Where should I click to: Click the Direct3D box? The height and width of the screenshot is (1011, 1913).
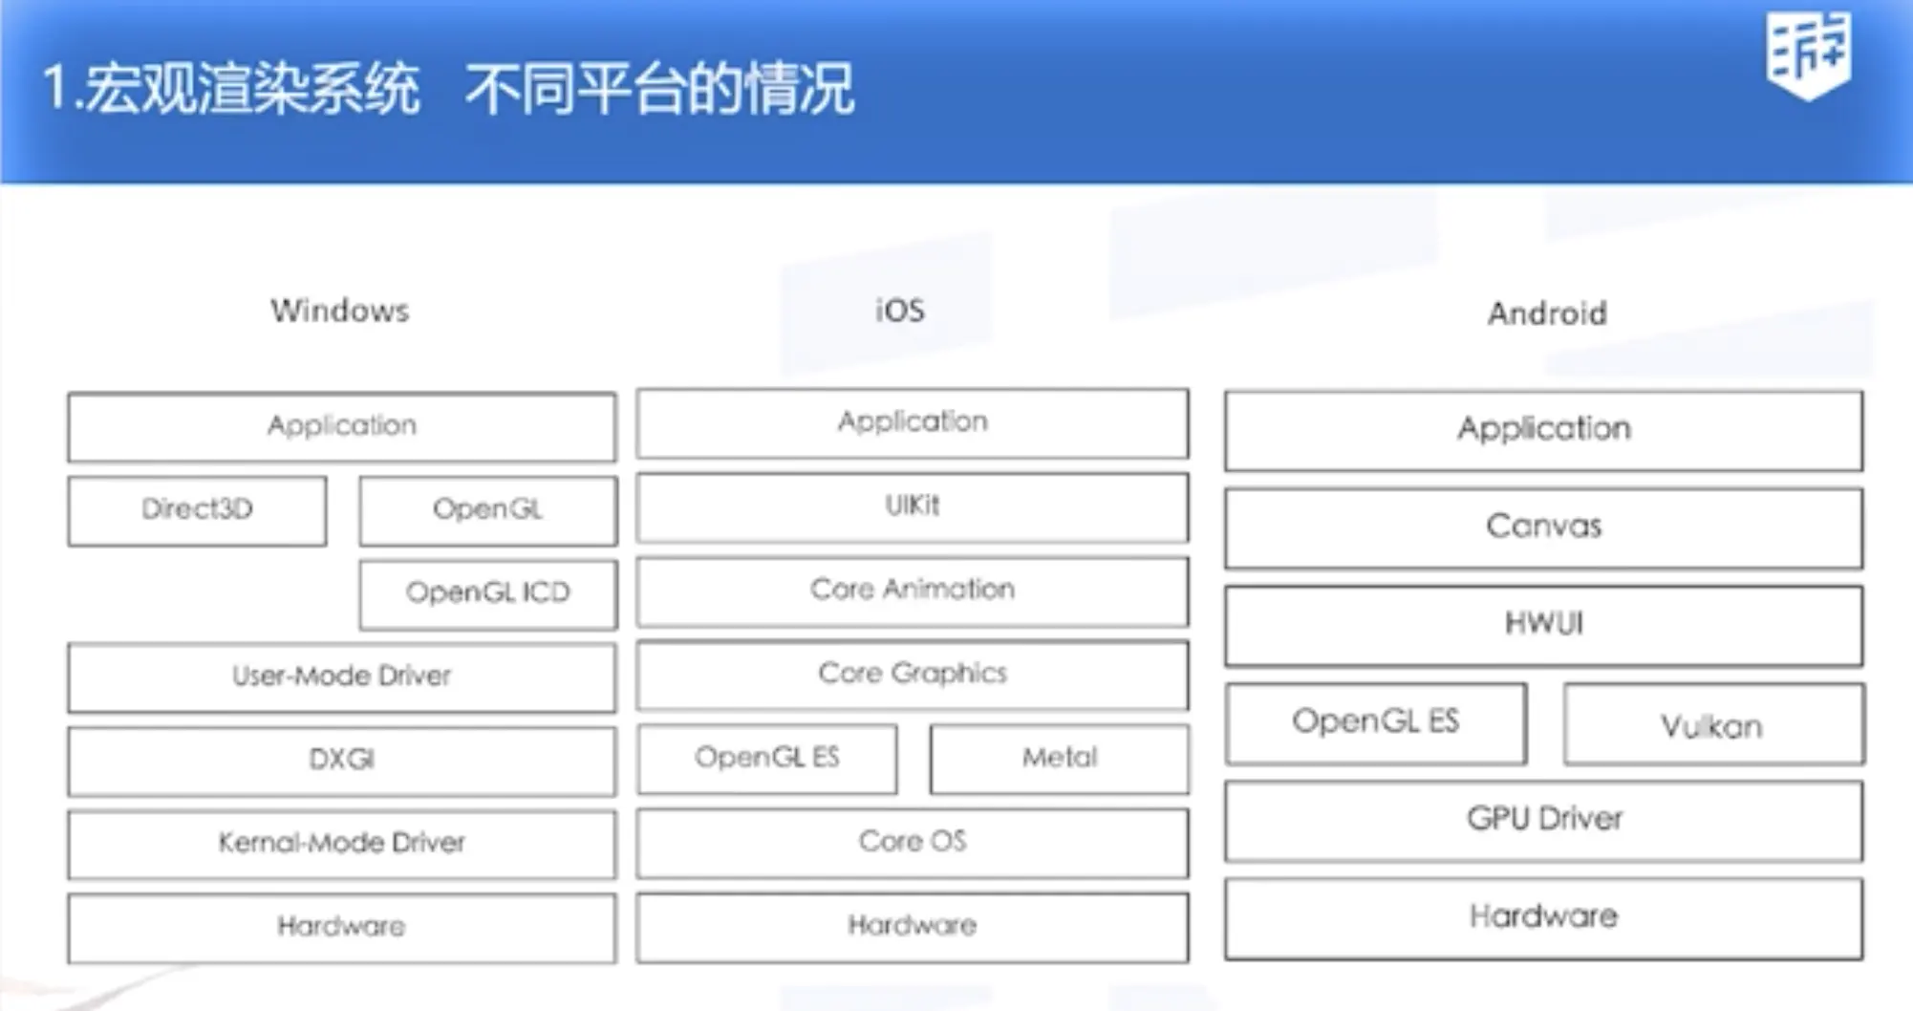pyautogui.click(x=197, y=510)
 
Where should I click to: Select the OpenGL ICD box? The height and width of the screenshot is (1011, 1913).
pyautogui.click(x=488, y=593)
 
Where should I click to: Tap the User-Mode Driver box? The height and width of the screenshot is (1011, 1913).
pyautogui.click(x=341, y=677)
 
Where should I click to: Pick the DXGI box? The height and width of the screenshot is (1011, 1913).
pyautogui.click(x=341, y=761)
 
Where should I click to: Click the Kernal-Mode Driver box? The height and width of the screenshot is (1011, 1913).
pyautogui.click(x=341, y=844)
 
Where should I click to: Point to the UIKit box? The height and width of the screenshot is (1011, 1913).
pyautogui.click(x=913, y=506)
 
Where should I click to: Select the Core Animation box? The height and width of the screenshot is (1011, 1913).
pyautogui.click(x=913, y=591)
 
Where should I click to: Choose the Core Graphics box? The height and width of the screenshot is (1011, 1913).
pyautogui.click(x=913, y=675)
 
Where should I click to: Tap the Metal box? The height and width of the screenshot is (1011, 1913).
pyautogui.click(x=1060, y=759)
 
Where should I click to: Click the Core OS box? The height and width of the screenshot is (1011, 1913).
pyautogui.click(x=913, y=842)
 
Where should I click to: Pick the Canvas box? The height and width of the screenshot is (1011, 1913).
pyautogui.click(x=1543, y=527)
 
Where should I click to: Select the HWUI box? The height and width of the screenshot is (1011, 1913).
pyautogui.click(x=1543, y=625)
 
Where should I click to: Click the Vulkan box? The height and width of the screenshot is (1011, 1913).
pyautogui.click(x=1712, y=724)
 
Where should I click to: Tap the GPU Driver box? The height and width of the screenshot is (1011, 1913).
pyautogui.click(x=1543, y=820)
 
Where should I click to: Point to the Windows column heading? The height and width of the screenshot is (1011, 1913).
pyautogui.click(x=340, y=311)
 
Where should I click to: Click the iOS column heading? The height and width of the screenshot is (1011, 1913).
pyautogui.click(x=900, y=311)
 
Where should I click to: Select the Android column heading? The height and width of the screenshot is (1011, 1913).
pyautogui.click(x=1547, y=313)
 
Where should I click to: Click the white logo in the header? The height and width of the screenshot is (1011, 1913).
pyautogui.click(x=1808, y=55)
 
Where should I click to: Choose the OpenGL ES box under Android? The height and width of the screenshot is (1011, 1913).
pyautogui.click(x=1376, y=722)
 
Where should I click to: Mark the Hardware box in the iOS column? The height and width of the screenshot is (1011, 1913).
pyautogui.click(x=913, y=926)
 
